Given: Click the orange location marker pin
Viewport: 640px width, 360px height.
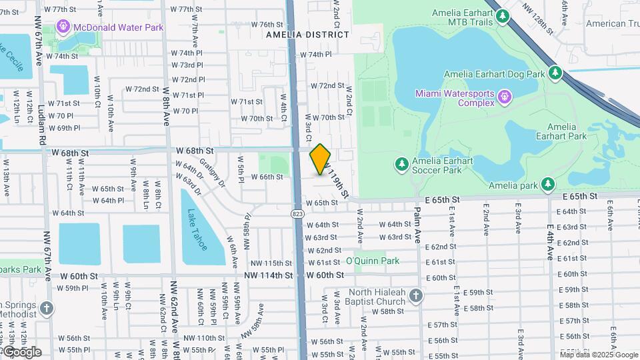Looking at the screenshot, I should (321, 159).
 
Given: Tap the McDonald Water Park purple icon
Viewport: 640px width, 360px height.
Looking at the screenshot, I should (63, 27).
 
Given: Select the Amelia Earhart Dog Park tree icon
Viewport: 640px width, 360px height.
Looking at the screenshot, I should (555, 73).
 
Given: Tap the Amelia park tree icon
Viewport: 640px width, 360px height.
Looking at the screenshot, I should (547, 185).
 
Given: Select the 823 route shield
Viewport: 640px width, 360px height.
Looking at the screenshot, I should (297, 213).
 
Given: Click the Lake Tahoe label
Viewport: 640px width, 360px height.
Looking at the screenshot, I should (197, 230).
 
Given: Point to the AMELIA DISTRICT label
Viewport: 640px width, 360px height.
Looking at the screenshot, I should (307, 34).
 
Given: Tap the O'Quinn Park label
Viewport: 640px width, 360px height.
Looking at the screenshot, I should (372, 261).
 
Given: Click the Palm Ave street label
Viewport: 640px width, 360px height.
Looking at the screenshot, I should (417, 225).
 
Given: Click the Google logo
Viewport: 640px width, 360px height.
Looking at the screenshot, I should (21, 351).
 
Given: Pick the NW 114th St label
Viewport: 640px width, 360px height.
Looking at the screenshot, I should (268, 275).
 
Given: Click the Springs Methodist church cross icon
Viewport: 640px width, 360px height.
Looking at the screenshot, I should (46, 309).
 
